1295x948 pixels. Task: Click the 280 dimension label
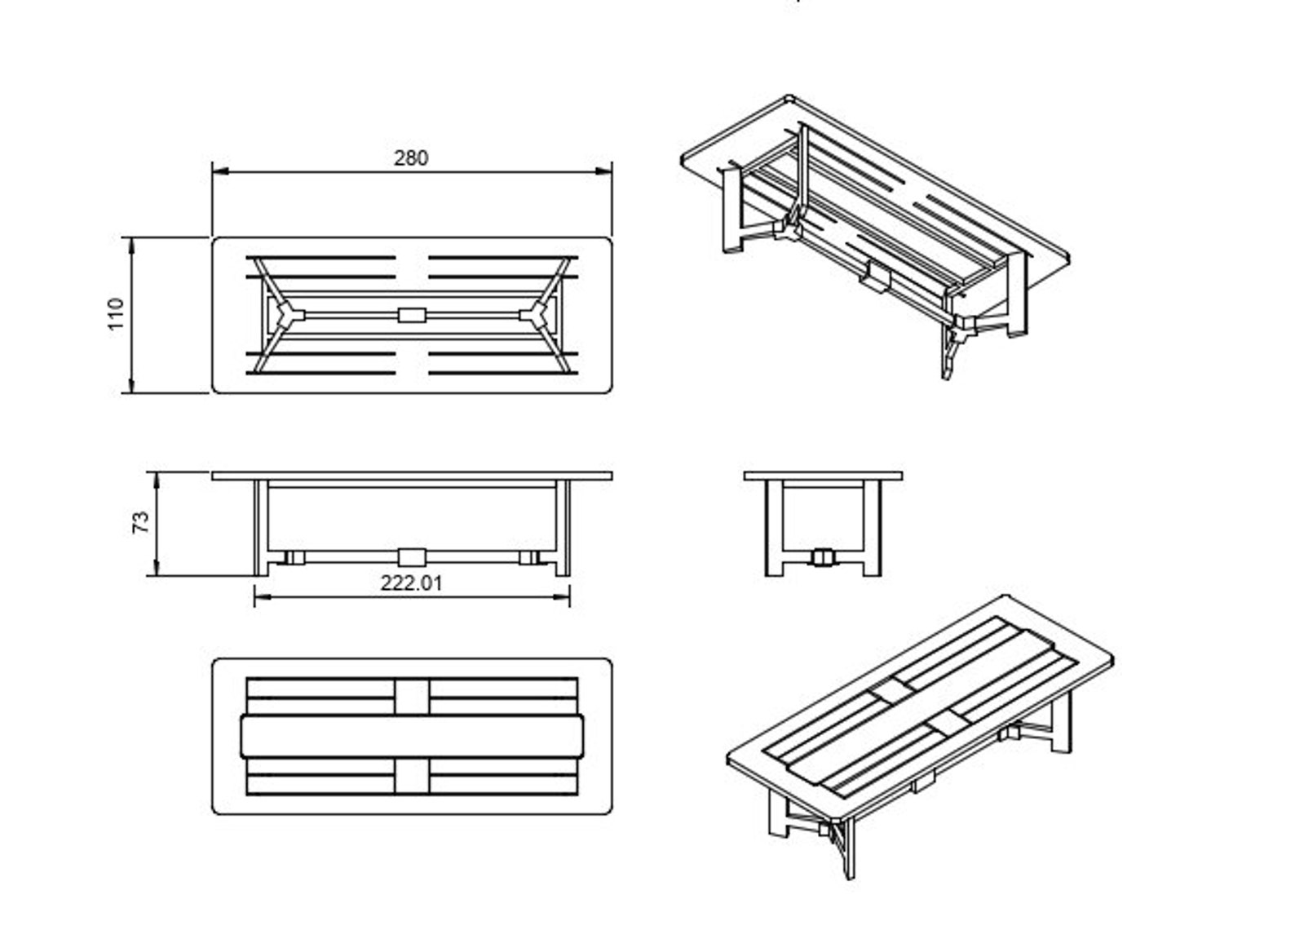click(410, 158)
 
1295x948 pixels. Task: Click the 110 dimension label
click(117, 313)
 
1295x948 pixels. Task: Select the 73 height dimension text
click(142, 523)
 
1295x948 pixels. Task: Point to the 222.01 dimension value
click(411, 583)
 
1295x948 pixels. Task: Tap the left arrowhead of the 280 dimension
click(220, 171)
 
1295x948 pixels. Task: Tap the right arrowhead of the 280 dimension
click(604, 171)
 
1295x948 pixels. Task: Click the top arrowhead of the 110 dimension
click(132, 246)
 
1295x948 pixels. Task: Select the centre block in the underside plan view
click(412, 315)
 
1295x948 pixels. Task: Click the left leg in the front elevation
click(261, 528)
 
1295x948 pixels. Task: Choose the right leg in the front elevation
click(563, 528)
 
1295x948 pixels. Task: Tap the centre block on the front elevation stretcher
click(412, 557)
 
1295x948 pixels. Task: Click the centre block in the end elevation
click(824, 557)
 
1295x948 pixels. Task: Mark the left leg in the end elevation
click(775, 528)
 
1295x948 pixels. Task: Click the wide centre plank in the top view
click(412, 737)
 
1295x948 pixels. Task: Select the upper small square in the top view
click(412, 697)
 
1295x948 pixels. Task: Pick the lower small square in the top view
click(412, 776)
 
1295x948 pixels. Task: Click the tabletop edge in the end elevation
click(824, 476)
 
